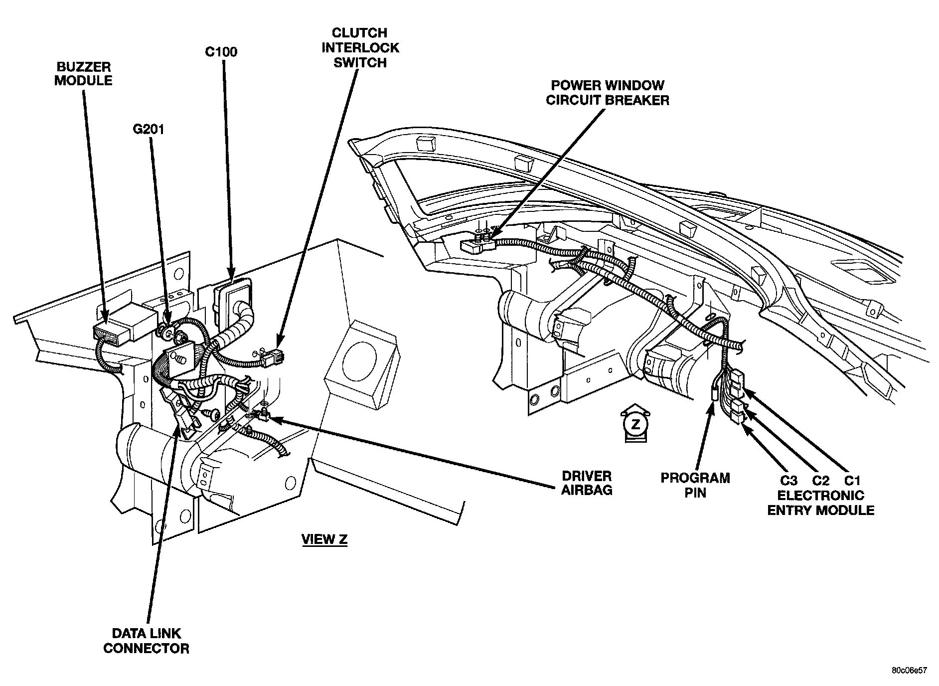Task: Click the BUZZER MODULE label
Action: (83, 74)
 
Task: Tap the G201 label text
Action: (149, 130)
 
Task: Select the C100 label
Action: (221, 52)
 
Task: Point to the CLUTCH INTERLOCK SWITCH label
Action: (360, 48)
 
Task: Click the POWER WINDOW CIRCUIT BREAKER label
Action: (608, 93)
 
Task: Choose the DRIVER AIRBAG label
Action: (587, 483)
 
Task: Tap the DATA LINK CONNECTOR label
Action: (147, 641)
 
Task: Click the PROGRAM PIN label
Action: (695, 485)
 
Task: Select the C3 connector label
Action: (789, 481)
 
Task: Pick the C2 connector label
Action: (820, 481)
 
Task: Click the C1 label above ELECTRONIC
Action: (852, 481)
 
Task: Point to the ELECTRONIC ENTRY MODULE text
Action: (820, 503)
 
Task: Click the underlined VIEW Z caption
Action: (324, 539)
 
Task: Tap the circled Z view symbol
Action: (635, 424)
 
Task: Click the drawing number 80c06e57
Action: (910, 671)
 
